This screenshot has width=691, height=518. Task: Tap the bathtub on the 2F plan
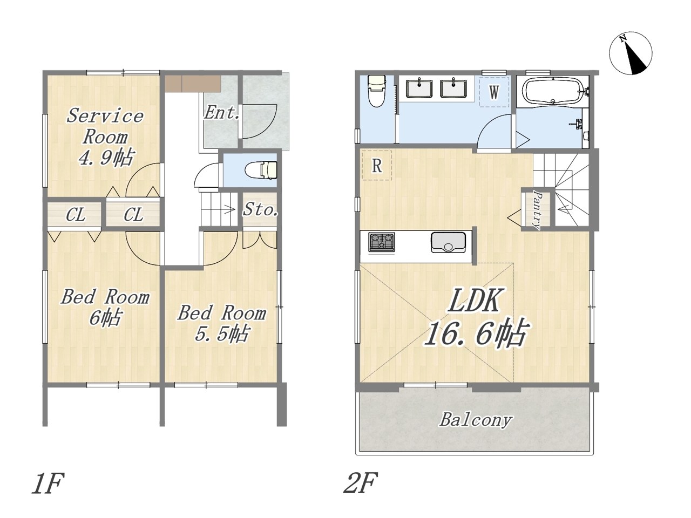[x=553, y=91]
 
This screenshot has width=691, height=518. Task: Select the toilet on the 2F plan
[x=377, y=91]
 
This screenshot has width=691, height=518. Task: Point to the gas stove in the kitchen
[x=382, y=242]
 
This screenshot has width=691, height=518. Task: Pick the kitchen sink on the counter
[x=448, y=242]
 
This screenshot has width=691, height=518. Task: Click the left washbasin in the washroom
[x=419, y=88]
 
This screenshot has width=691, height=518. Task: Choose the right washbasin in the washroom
[x=453, y=88]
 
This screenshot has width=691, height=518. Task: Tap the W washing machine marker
[x=494, y=92]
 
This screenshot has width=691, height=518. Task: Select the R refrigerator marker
[x=377, y=166]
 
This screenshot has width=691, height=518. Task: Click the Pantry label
[x=537, y=210]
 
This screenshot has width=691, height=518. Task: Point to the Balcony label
[x=476, y=420]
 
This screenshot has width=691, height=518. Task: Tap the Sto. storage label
[x=260, y=209]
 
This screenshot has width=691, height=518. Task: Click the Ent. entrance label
[x=222, y=113]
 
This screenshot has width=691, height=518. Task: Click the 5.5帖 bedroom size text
[x=222, y=333]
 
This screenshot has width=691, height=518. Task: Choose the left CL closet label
[x=75, y=215]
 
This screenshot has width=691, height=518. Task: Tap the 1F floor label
[x=48, y=482]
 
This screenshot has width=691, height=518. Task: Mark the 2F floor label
[x=360, y=482]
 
